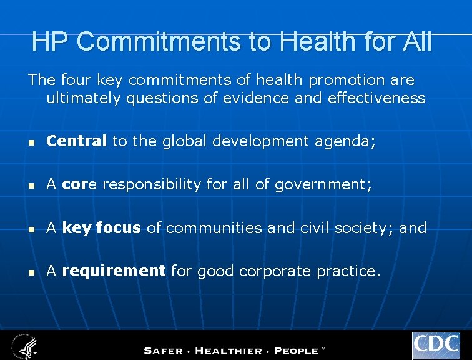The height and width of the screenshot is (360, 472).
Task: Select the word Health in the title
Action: click(x=318, y=41)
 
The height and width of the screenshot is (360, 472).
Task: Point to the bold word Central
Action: click(x=77, y=142)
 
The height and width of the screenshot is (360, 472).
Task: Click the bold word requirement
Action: click(x=114, y=271)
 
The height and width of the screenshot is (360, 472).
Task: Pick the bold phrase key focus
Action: click(x=102, y=228)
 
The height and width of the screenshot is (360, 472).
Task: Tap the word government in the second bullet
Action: click(x=321, y=185)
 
